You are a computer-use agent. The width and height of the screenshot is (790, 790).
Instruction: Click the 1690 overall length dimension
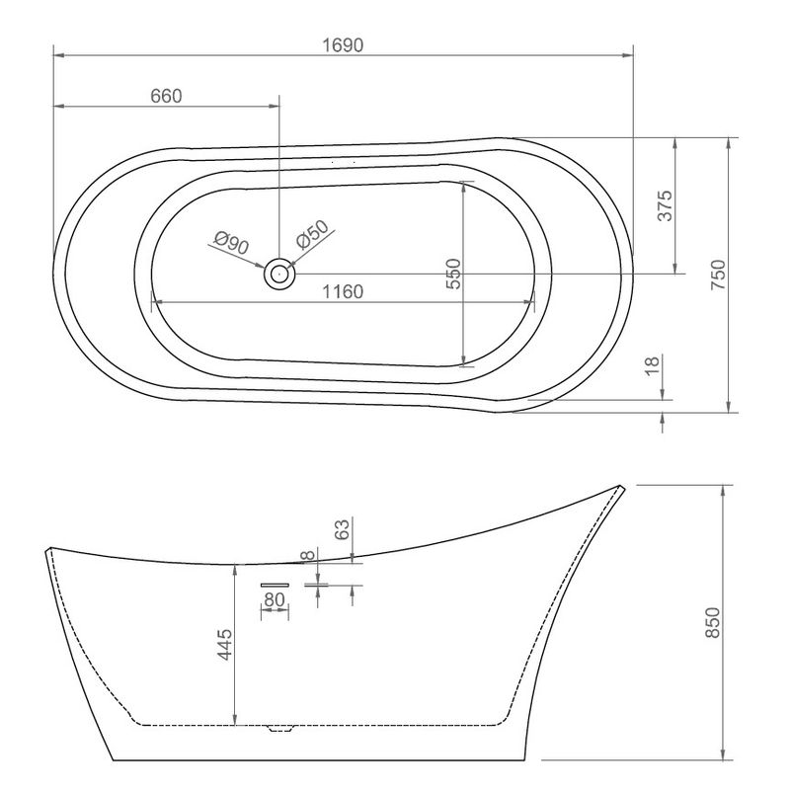pos(343,45)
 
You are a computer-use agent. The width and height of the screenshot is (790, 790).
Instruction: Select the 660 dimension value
pos(166,96)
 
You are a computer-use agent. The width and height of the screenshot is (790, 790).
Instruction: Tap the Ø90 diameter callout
pos(231,242)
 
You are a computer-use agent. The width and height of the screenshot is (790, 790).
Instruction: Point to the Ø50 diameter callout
pos(312,234)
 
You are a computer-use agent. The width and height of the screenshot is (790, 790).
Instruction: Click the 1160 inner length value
pos(343,291)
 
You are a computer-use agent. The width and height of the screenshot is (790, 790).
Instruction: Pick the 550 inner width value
pos(453,274)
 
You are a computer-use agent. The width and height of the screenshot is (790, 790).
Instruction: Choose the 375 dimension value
pos(665,205)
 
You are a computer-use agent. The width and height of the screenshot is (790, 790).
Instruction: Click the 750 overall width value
pos(718,275)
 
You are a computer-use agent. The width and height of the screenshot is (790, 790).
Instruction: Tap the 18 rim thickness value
pos(652,365)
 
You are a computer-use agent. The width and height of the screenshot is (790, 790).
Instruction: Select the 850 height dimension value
pos(713,623)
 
